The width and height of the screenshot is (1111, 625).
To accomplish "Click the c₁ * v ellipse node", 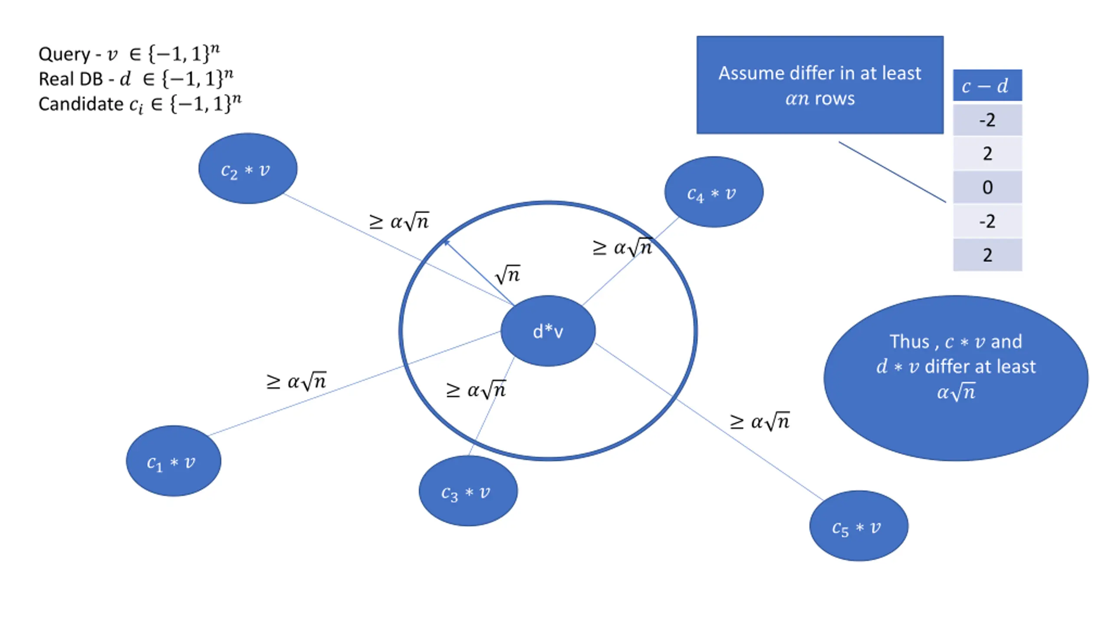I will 174,461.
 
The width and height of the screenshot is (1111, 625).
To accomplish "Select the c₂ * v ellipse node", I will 248,168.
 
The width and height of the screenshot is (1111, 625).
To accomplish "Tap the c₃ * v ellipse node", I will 468,491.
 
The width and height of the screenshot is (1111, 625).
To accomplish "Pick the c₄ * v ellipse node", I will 713,192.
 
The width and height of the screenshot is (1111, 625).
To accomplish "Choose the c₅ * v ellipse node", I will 858,526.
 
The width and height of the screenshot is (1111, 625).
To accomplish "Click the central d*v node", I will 548,331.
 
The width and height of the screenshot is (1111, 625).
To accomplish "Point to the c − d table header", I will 987,86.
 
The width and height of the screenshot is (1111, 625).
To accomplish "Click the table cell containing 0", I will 987,187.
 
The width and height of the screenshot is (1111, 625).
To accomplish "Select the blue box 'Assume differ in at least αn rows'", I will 820,85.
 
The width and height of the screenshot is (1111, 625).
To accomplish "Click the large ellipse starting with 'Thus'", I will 956,378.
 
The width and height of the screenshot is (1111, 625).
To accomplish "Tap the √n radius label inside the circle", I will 508,275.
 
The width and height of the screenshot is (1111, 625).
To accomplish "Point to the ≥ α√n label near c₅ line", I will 760,421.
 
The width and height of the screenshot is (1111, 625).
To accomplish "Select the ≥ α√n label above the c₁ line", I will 296,382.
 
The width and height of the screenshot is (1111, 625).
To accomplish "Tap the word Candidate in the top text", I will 81,104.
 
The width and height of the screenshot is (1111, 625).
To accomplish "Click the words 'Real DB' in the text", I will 71,79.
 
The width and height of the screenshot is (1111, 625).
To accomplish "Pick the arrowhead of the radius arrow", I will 446,242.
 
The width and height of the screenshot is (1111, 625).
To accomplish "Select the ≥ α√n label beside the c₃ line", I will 476,390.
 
